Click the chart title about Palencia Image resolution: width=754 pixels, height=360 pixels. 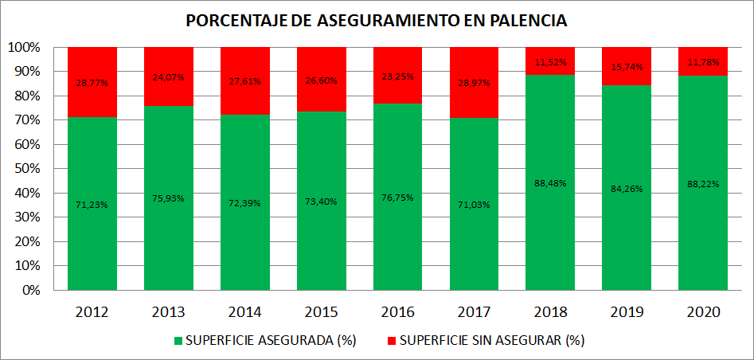pos(377,21)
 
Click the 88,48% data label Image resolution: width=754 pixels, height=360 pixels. pos(550,183)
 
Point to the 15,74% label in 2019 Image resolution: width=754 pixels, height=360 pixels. pos(627,67)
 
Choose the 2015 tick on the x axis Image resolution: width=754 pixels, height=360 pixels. pos(321,311)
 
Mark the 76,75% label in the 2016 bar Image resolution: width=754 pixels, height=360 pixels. pos(397,198)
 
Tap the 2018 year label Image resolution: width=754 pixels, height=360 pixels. pos(550,311)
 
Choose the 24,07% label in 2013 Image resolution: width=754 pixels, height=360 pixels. pos(168,78)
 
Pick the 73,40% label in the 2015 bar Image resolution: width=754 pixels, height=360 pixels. pos(321,202)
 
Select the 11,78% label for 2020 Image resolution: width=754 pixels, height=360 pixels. pos(702,61)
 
